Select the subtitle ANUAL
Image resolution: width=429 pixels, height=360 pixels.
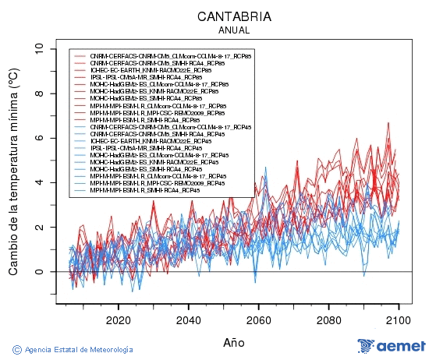pos(234,30)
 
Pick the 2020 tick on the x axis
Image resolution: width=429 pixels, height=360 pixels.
pos(118,319)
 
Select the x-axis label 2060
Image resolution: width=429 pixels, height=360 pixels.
pos(258,319)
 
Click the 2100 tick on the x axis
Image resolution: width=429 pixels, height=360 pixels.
pos(399,319)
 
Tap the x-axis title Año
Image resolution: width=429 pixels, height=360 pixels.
pos(234,342)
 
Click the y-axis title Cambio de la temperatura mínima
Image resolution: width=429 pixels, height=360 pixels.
pos(13,171)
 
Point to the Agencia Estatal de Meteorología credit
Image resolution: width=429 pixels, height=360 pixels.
pos(79,349)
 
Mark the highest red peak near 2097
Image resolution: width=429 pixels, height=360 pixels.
pos(388,123)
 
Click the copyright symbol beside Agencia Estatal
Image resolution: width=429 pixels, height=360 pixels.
pos(16,349)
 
